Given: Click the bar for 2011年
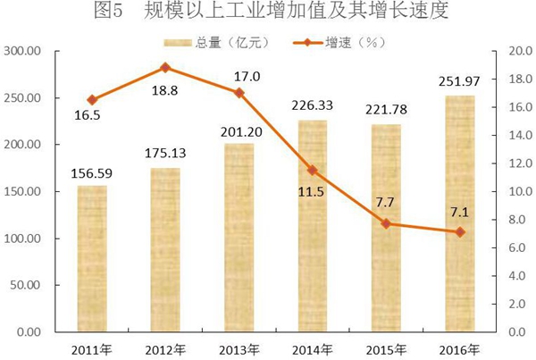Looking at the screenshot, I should [x=92, y=259].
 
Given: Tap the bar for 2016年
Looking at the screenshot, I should [x=459, y=214].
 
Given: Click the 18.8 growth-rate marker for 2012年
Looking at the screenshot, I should [x=165, y=68].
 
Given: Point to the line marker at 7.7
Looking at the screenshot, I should [x=386, y=223].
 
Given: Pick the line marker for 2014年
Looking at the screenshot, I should [x=312, y=170].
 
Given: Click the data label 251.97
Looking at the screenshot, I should [x=461, y=83].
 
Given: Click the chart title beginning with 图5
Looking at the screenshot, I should [x=268, y=13].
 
